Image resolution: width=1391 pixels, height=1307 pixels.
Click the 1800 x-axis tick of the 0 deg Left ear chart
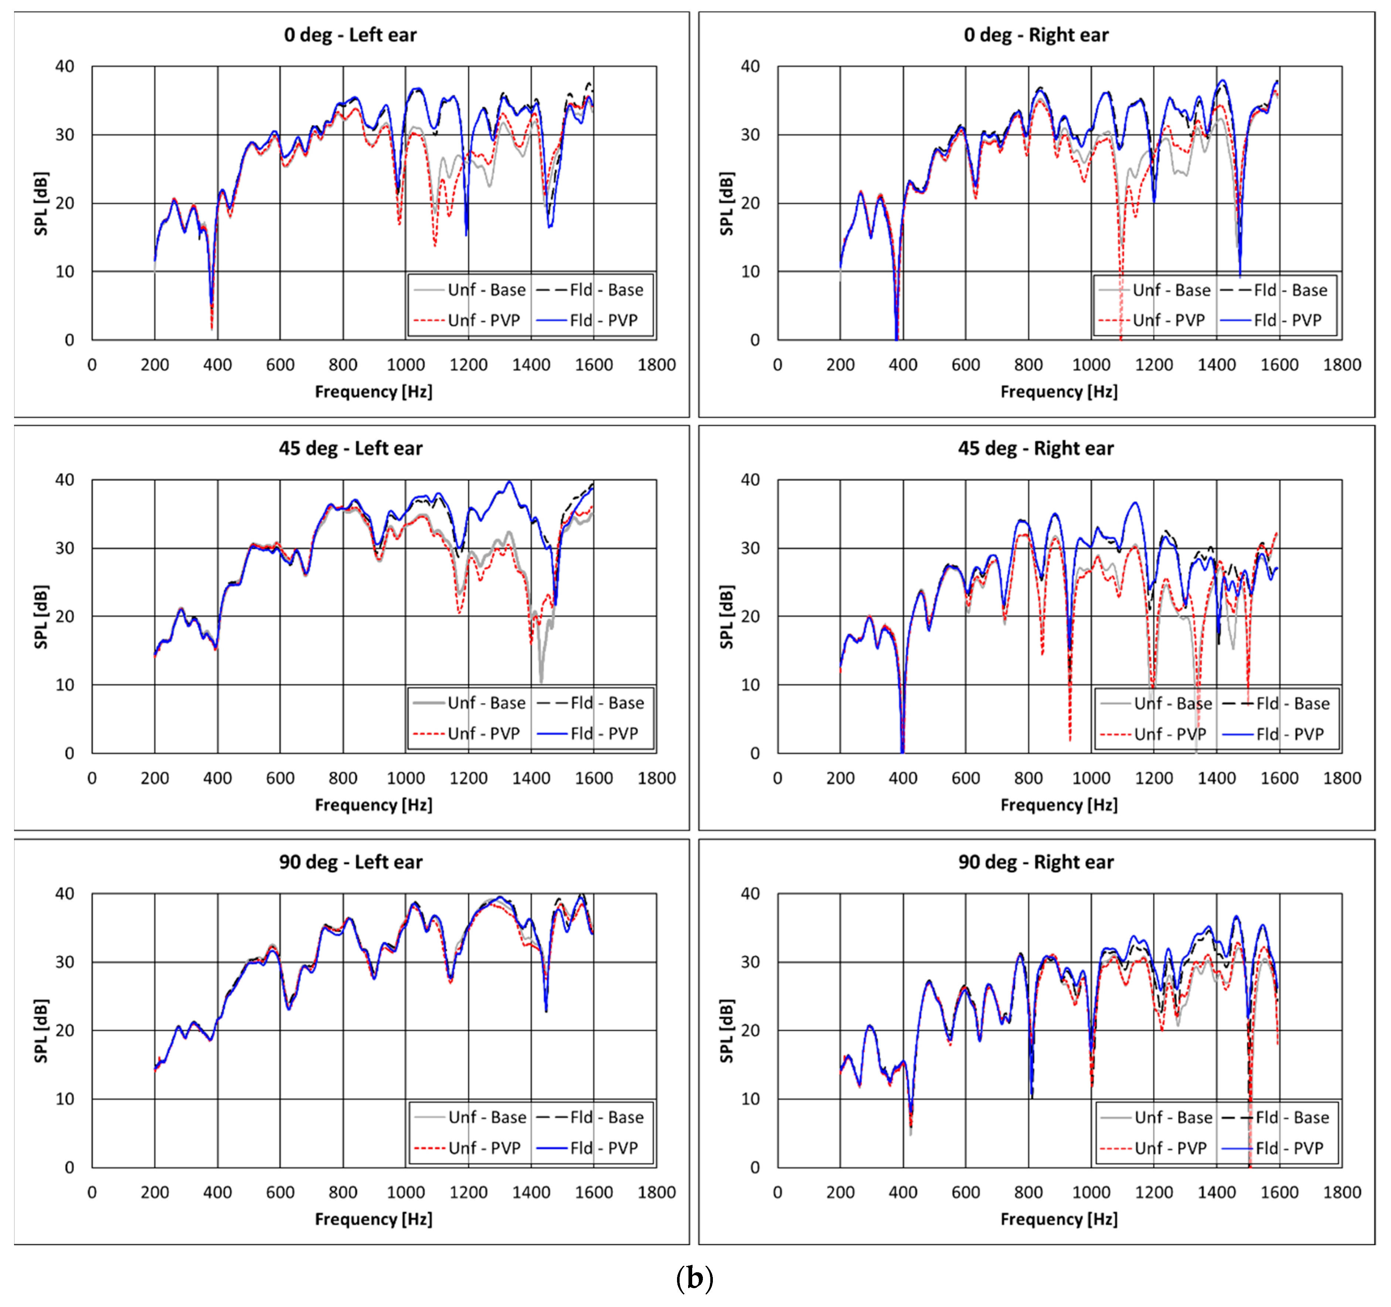pos(656,365)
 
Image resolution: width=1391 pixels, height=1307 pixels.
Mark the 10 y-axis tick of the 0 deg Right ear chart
pos(750,272)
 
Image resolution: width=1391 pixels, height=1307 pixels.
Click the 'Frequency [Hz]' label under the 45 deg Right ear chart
pos(1059,805)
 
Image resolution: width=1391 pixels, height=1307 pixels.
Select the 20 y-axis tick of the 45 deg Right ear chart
pos(750,617)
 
